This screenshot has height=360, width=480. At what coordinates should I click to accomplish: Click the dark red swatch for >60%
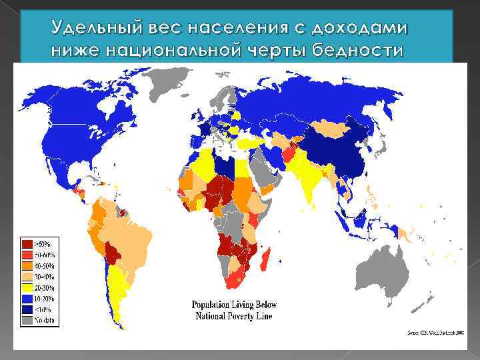pyautogui.click(x=28, y=243)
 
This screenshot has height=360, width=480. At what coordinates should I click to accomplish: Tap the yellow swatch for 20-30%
pyautogui.click(x=28, y=287)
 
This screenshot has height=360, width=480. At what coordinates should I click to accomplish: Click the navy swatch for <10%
pyautogui.click(x=28, y=310)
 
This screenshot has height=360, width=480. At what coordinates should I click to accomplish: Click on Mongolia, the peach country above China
pyautogui.click(x=333, y=127)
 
